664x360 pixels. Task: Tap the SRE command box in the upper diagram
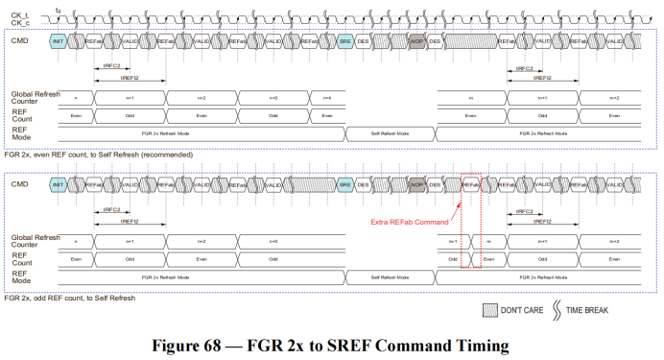click(345, 42)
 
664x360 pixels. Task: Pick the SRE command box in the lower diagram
click(345, 183)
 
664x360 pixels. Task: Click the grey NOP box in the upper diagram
click(416, 42)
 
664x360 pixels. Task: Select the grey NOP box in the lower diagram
click(416, 183)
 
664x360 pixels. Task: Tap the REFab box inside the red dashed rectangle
click(470, 183)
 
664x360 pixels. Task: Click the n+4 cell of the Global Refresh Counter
click(327, 98)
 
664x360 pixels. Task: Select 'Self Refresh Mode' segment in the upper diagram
click(391, 132)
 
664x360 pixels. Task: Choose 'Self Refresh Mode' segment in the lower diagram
click(391, 276)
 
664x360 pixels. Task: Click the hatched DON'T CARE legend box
click(489, 310)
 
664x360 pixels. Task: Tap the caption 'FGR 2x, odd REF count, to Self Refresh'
click(70, 298)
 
